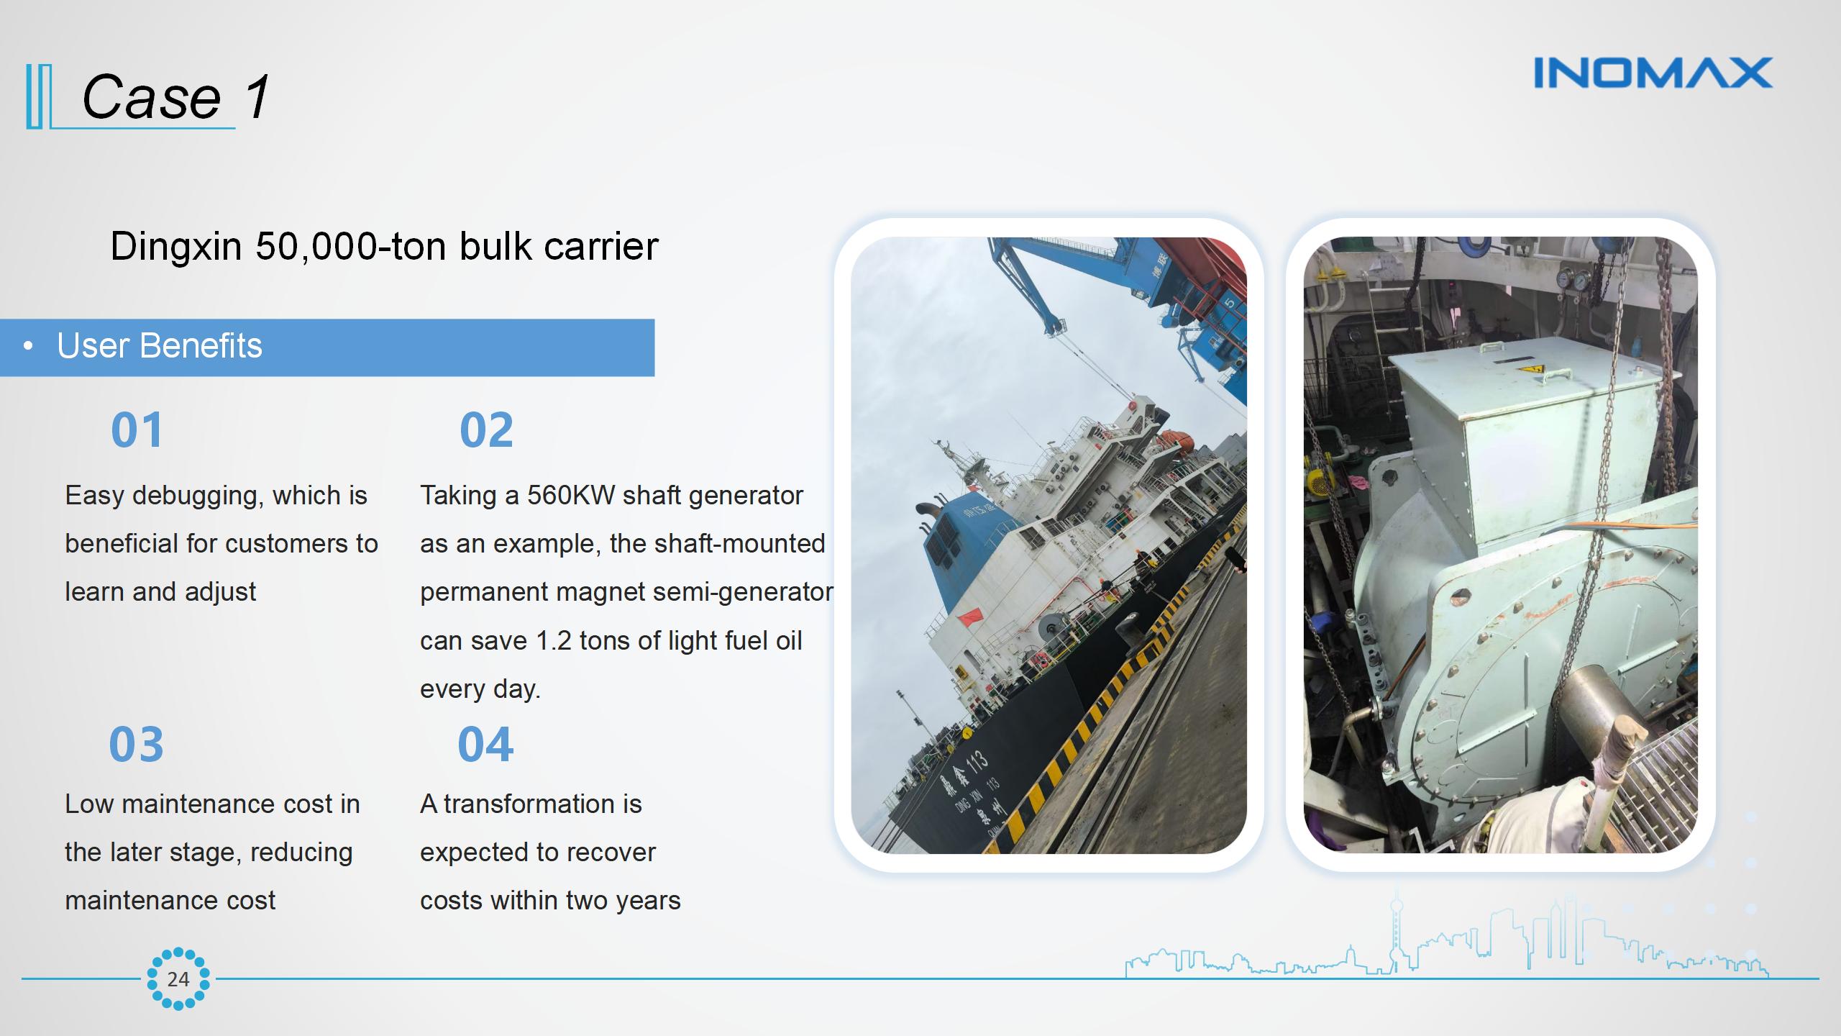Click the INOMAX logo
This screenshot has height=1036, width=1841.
click(x=1653, y=73)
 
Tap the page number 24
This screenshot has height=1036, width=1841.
click(x=178, y=979)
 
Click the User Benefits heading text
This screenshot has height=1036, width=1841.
click(x=160, y=346)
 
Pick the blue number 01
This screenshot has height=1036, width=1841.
click(x=137, y=430)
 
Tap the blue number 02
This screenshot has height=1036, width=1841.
click(x=486, y=430)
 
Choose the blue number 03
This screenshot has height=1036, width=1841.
click(x=136, y=745)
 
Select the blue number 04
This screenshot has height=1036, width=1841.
click(x=485, y=745)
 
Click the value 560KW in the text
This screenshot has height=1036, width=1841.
click(x=571, y=496)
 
